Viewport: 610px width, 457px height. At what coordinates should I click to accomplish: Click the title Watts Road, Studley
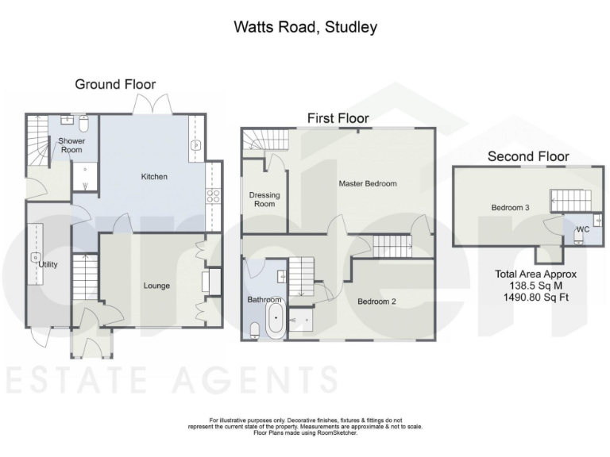(x=305, y=27)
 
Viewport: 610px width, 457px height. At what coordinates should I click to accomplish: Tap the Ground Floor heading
(x=115, y=84)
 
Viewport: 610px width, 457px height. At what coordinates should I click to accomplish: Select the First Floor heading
(x=338, y=118)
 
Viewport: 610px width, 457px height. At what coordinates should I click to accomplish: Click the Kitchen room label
(x=154, y=176)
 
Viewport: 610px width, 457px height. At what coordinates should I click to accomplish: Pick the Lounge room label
(x=156, y=286)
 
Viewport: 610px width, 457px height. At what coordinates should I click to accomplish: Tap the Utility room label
(x=48, y=264)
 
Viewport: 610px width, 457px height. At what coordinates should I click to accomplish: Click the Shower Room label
(x=69, y=145)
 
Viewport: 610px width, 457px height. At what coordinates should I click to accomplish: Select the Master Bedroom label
(x=367, y=184)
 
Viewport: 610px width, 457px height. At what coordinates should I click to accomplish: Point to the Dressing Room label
(x=264, y=199)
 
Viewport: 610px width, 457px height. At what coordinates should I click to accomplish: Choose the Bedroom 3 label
(x=510, y=208)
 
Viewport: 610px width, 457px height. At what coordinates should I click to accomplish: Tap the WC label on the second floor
(x=581, y=229)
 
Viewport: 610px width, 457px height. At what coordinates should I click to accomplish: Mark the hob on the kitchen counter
(x=213, y=194)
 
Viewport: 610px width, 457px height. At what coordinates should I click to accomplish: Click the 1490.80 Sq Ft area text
(x=537, y=298)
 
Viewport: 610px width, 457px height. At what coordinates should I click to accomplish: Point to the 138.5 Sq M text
(x=537, y=286)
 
